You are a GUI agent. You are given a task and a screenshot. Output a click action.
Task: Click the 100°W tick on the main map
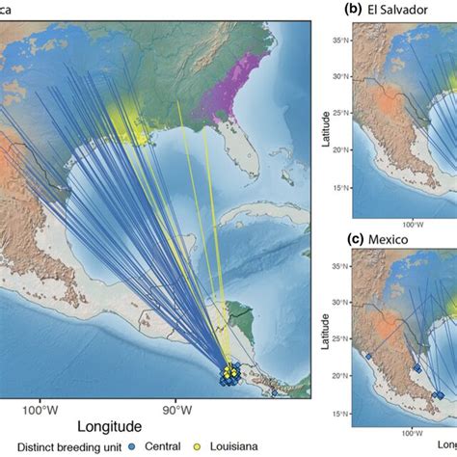(40, 408)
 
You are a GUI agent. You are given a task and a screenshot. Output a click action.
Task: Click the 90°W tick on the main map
(175, 408)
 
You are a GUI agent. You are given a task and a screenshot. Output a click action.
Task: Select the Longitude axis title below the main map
(105, 425)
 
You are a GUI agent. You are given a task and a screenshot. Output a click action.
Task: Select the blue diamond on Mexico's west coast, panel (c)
(369, 356)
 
